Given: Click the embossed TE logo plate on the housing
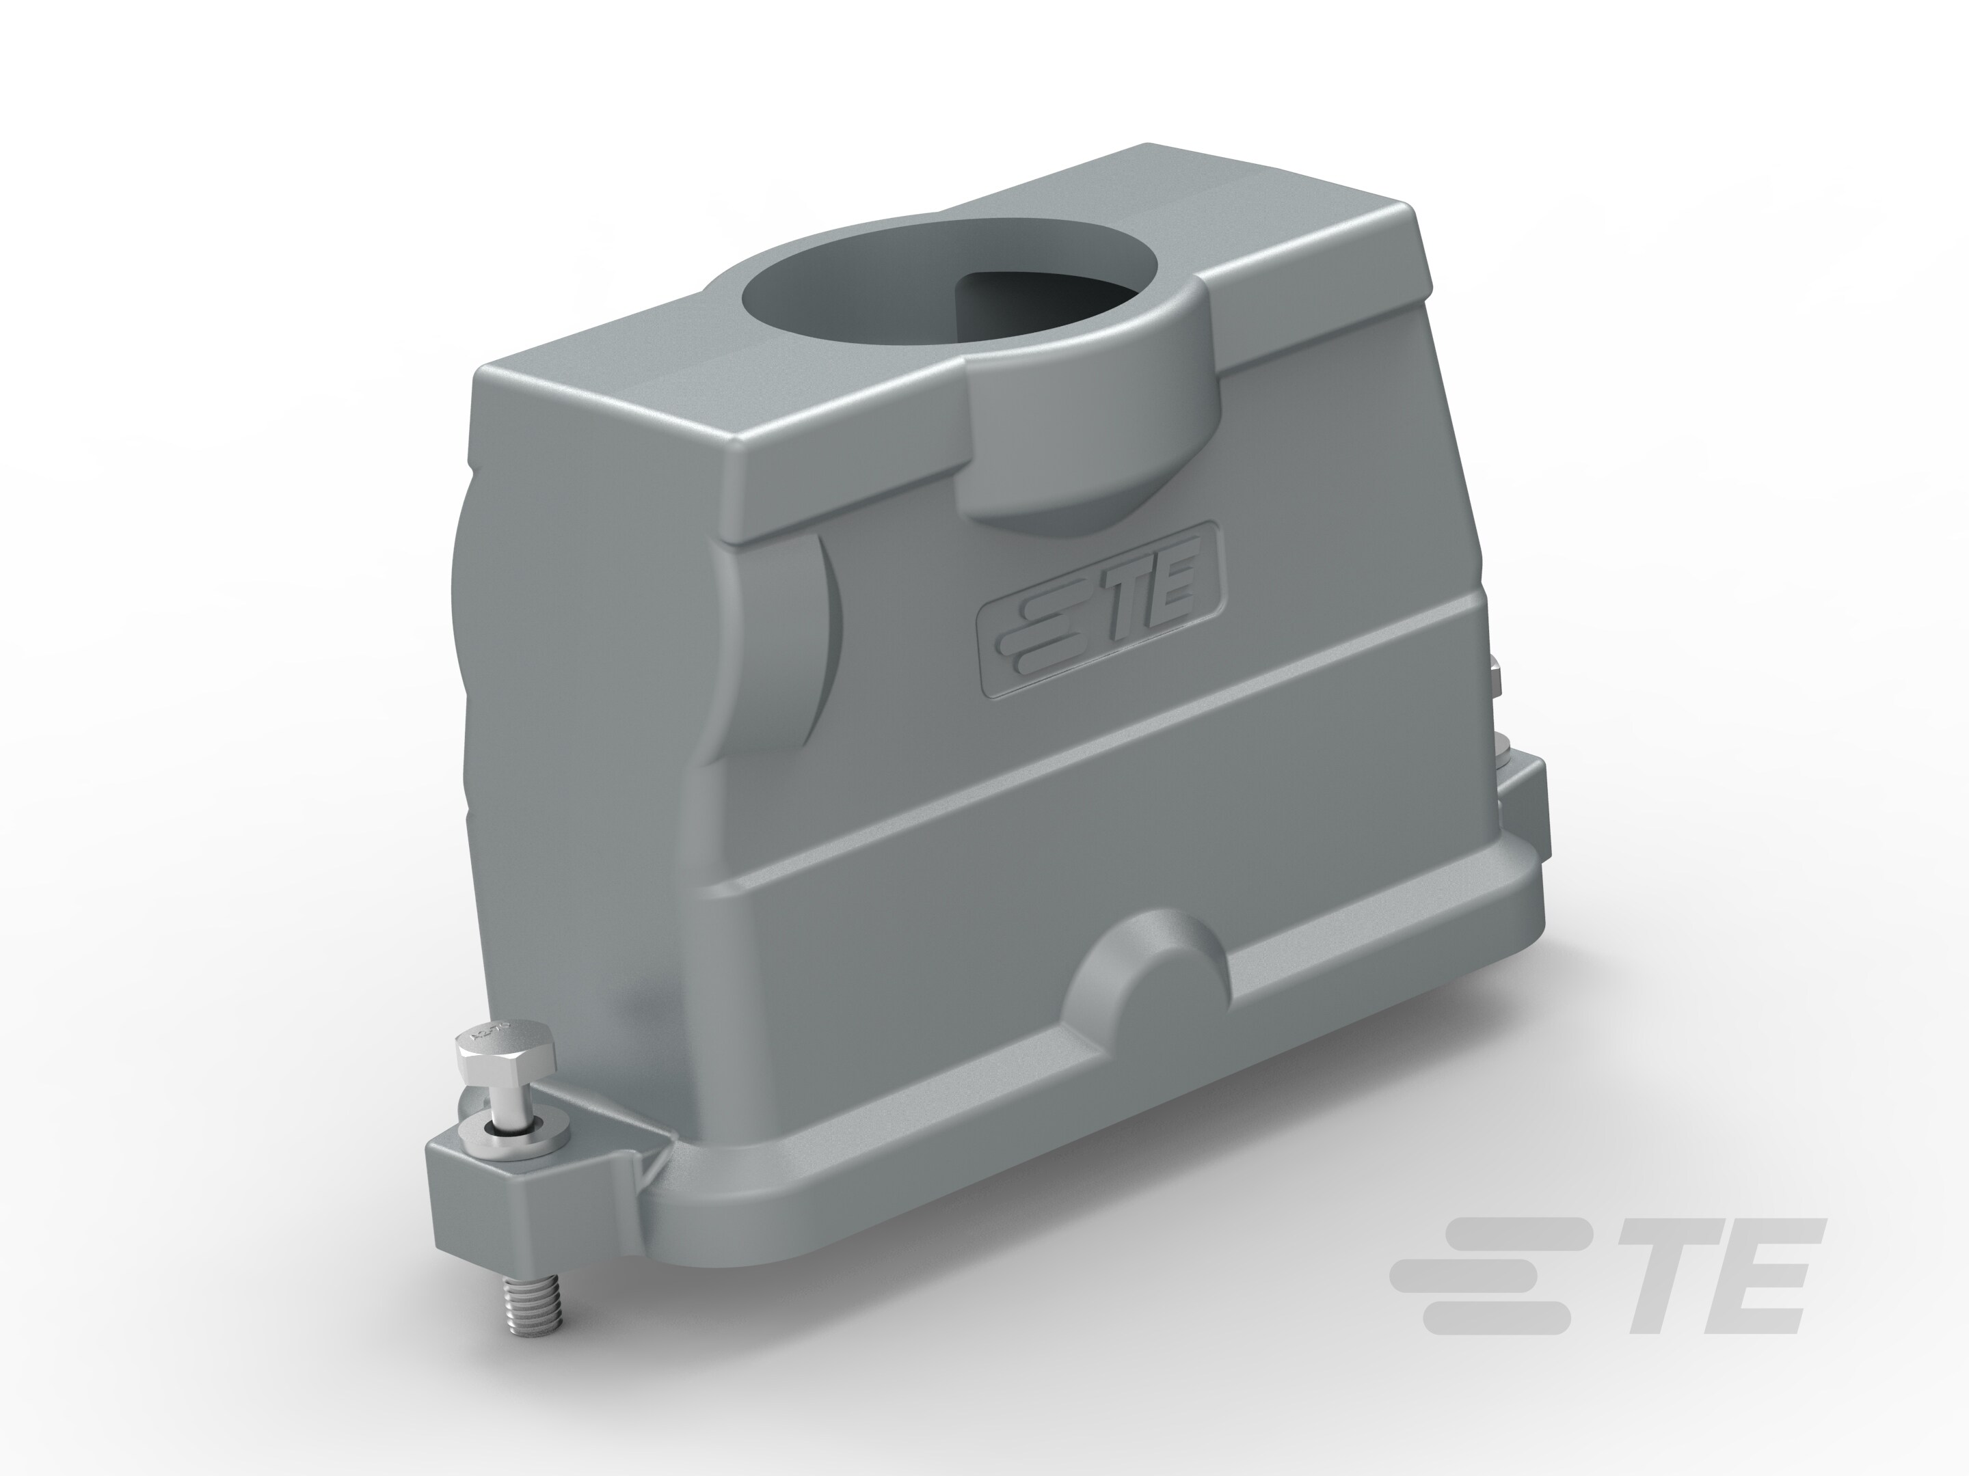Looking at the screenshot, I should click(1100, 611).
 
